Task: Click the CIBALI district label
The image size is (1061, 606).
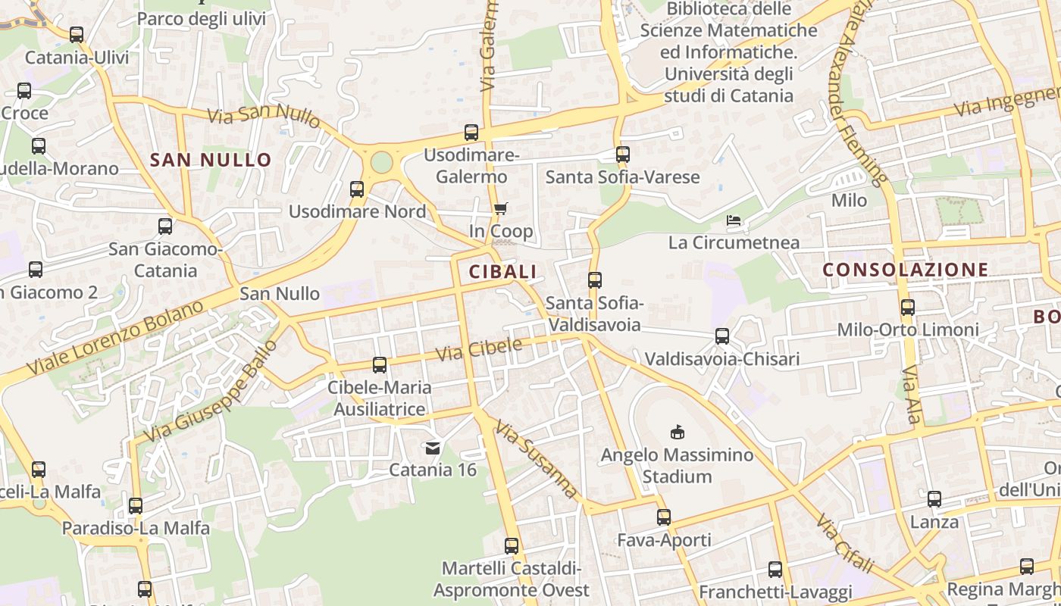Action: [x=502, y=272]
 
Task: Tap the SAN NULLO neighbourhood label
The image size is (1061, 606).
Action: [x=211, y=160]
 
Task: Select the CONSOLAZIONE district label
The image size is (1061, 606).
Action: [x=906, y=270]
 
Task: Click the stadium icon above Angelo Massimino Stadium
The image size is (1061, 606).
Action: [x=678, y=433]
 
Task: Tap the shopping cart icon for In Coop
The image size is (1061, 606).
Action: [x=500, y=209]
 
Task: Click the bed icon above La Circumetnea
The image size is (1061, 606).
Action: [x=734, y=221]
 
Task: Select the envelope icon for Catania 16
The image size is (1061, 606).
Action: [x=433, y=448]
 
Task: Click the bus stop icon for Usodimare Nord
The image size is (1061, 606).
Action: [x=357, y=189]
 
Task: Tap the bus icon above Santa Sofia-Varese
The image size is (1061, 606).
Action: [x=623, y=155]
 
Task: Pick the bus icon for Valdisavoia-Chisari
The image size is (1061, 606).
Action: [x=722, y=336]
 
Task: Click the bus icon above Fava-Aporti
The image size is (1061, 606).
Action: [x=664, y=517]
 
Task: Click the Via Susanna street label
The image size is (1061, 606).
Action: [x=537, y=461]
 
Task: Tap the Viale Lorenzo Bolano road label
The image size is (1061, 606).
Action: [x=115, y=339]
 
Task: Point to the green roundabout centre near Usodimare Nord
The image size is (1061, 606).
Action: [x=381, y=162]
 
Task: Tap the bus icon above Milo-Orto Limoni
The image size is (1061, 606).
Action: [x=908, y=308]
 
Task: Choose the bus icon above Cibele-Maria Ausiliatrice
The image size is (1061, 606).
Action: [x=380, y=365]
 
